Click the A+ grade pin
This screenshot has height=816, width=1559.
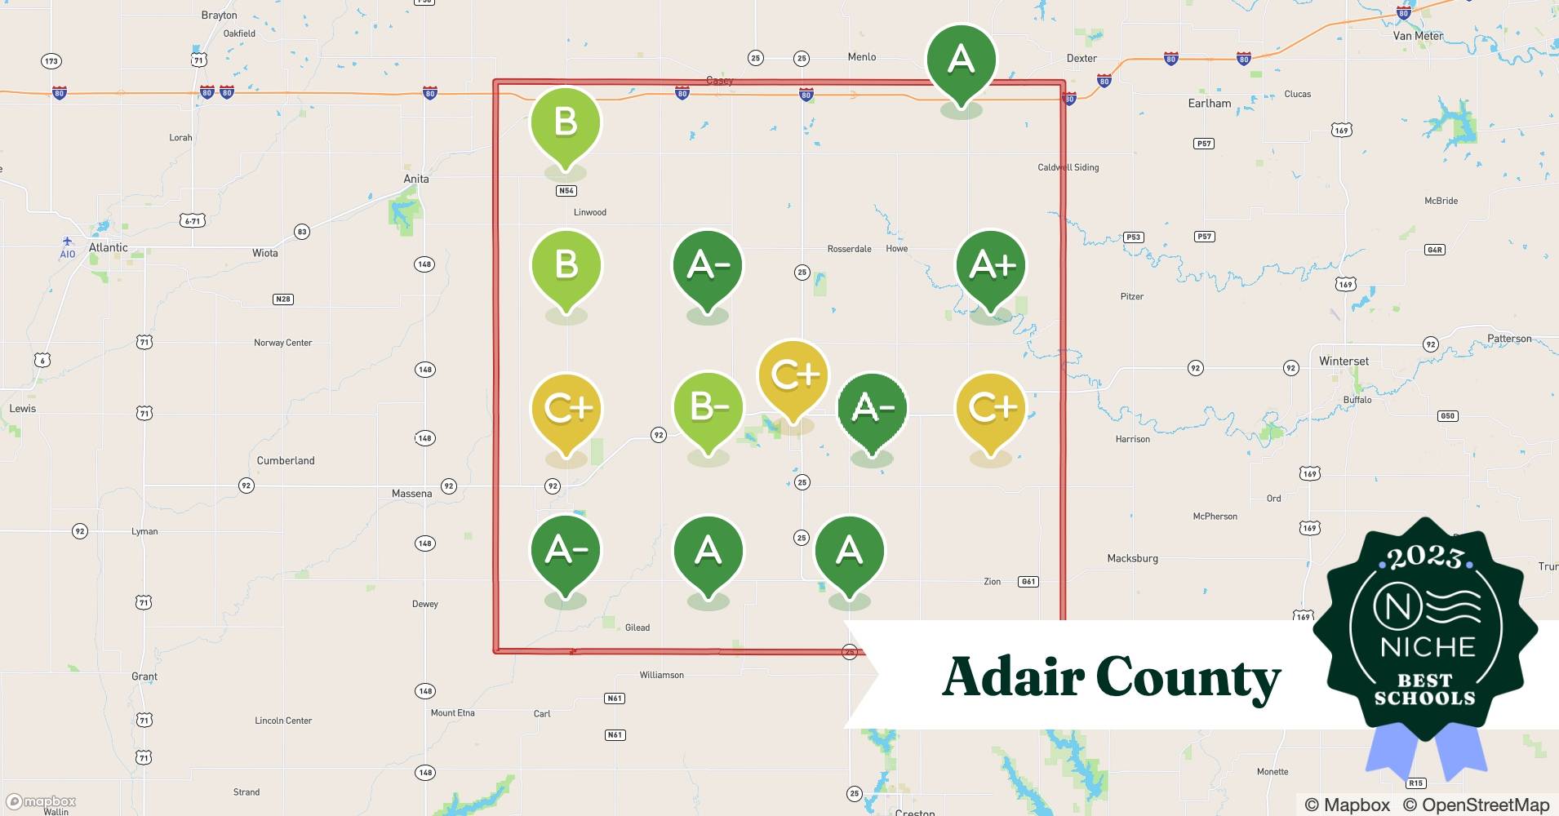click(x=991, y=266)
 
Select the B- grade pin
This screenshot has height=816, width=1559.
click(x=708, y=408)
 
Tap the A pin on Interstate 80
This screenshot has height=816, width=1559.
click(x=961, y=60)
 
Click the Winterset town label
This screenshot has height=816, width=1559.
click(x=1344, y=361)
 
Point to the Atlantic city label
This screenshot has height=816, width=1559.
click(x=109, y=247)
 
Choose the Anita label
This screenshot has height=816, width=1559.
click(x=416, y=179)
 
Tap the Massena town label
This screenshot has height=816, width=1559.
click(x=411, y=494)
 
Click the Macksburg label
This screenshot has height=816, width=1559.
click(x=1132, y=559)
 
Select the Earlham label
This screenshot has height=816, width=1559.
click(x=1209, y=104)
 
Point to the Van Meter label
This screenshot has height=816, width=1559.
click(x=1418, y=36)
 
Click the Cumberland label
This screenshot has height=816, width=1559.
click(x=286, y=460)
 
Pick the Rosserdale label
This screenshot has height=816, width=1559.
click(x=849, y=249)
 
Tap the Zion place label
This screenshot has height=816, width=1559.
click(x=992, y=582)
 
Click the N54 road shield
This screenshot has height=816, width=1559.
click(x=566, y=191)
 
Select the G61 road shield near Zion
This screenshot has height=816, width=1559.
click(x=1028, y=582)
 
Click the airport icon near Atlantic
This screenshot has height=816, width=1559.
click(x=68, y=242)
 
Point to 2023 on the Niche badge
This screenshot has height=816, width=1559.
click(x=1425, y=557)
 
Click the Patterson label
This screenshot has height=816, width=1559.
click(x=1509, y=339)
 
